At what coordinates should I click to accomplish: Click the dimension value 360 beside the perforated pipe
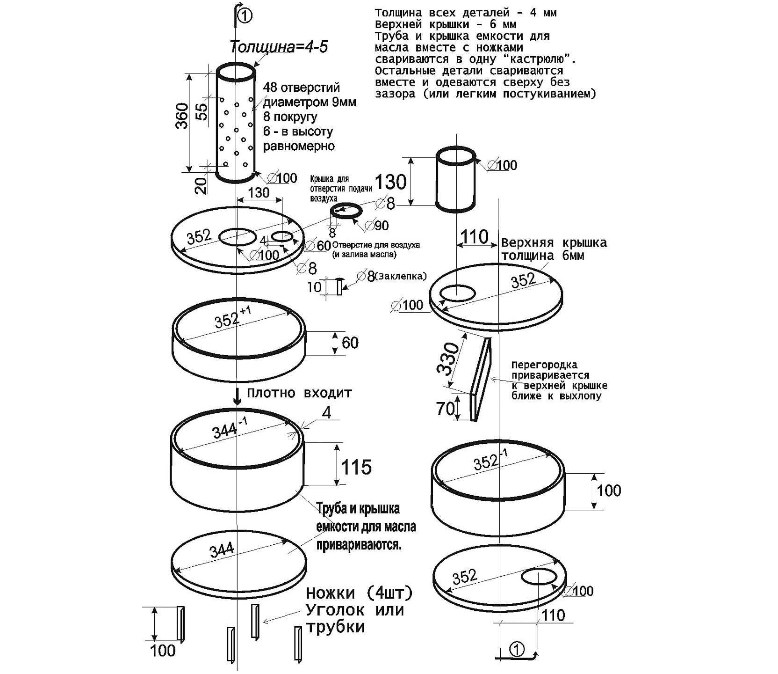pyautogui.click(x=182, y=116)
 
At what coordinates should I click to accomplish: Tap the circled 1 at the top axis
pyautogui.click(x=245, y=16)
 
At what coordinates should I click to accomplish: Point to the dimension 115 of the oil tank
pyautogui.click(x=356, y=467)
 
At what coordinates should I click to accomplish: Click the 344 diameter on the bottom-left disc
pyautogui.click(x=222, y=549)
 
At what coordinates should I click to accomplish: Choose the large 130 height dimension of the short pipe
pyautogui.click(x=391, y=182)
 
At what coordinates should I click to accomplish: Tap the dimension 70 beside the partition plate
pyautogui.click(x=445, y=409)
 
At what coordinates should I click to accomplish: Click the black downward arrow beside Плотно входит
pyautogui.click(x=238, y=396)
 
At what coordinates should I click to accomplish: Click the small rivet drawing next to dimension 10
pyautogui.click(x=339, y=286)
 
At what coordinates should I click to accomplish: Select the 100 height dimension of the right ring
pyautogui.click(x=609, y=491)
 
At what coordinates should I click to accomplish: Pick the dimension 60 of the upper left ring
pyautogui.click(x=350, y=343)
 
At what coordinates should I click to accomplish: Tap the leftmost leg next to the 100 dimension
pyautogui.click(x=180, y=623)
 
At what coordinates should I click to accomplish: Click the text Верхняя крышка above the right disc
pyautogui.click(x=554, y=243)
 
